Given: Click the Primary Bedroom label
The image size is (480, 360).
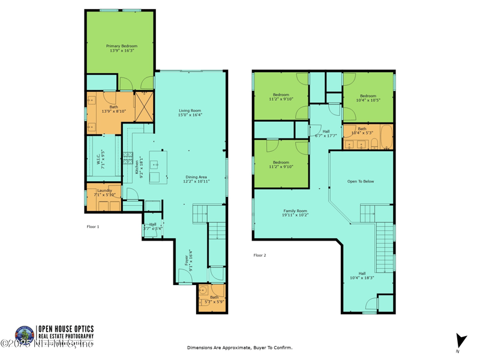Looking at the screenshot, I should coord(122,49).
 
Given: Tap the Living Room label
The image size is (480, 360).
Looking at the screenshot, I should coord(190,112).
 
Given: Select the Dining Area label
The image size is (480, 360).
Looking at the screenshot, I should coord(196,179).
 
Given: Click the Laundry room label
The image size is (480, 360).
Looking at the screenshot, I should coord(104,193).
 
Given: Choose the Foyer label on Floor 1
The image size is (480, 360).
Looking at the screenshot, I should coord(188,261).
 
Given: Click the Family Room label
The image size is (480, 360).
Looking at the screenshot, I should coord(295,212).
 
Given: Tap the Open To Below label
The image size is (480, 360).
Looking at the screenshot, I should coord(361,181).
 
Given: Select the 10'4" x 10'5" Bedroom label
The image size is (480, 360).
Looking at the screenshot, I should coord(368,98).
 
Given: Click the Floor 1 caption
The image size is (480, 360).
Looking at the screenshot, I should coord(93,227).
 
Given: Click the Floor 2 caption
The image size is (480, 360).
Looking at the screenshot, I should coord(259,255).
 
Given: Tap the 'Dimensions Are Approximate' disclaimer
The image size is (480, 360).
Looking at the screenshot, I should coord(239,347).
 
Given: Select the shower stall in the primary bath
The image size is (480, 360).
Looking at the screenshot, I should coord(144,107).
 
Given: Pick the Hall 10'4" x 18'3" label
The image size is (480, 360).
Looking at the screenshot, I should coord(362,275).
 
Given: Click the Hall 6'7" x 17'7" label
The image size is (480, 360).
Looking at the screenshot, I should coord(326,133).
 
